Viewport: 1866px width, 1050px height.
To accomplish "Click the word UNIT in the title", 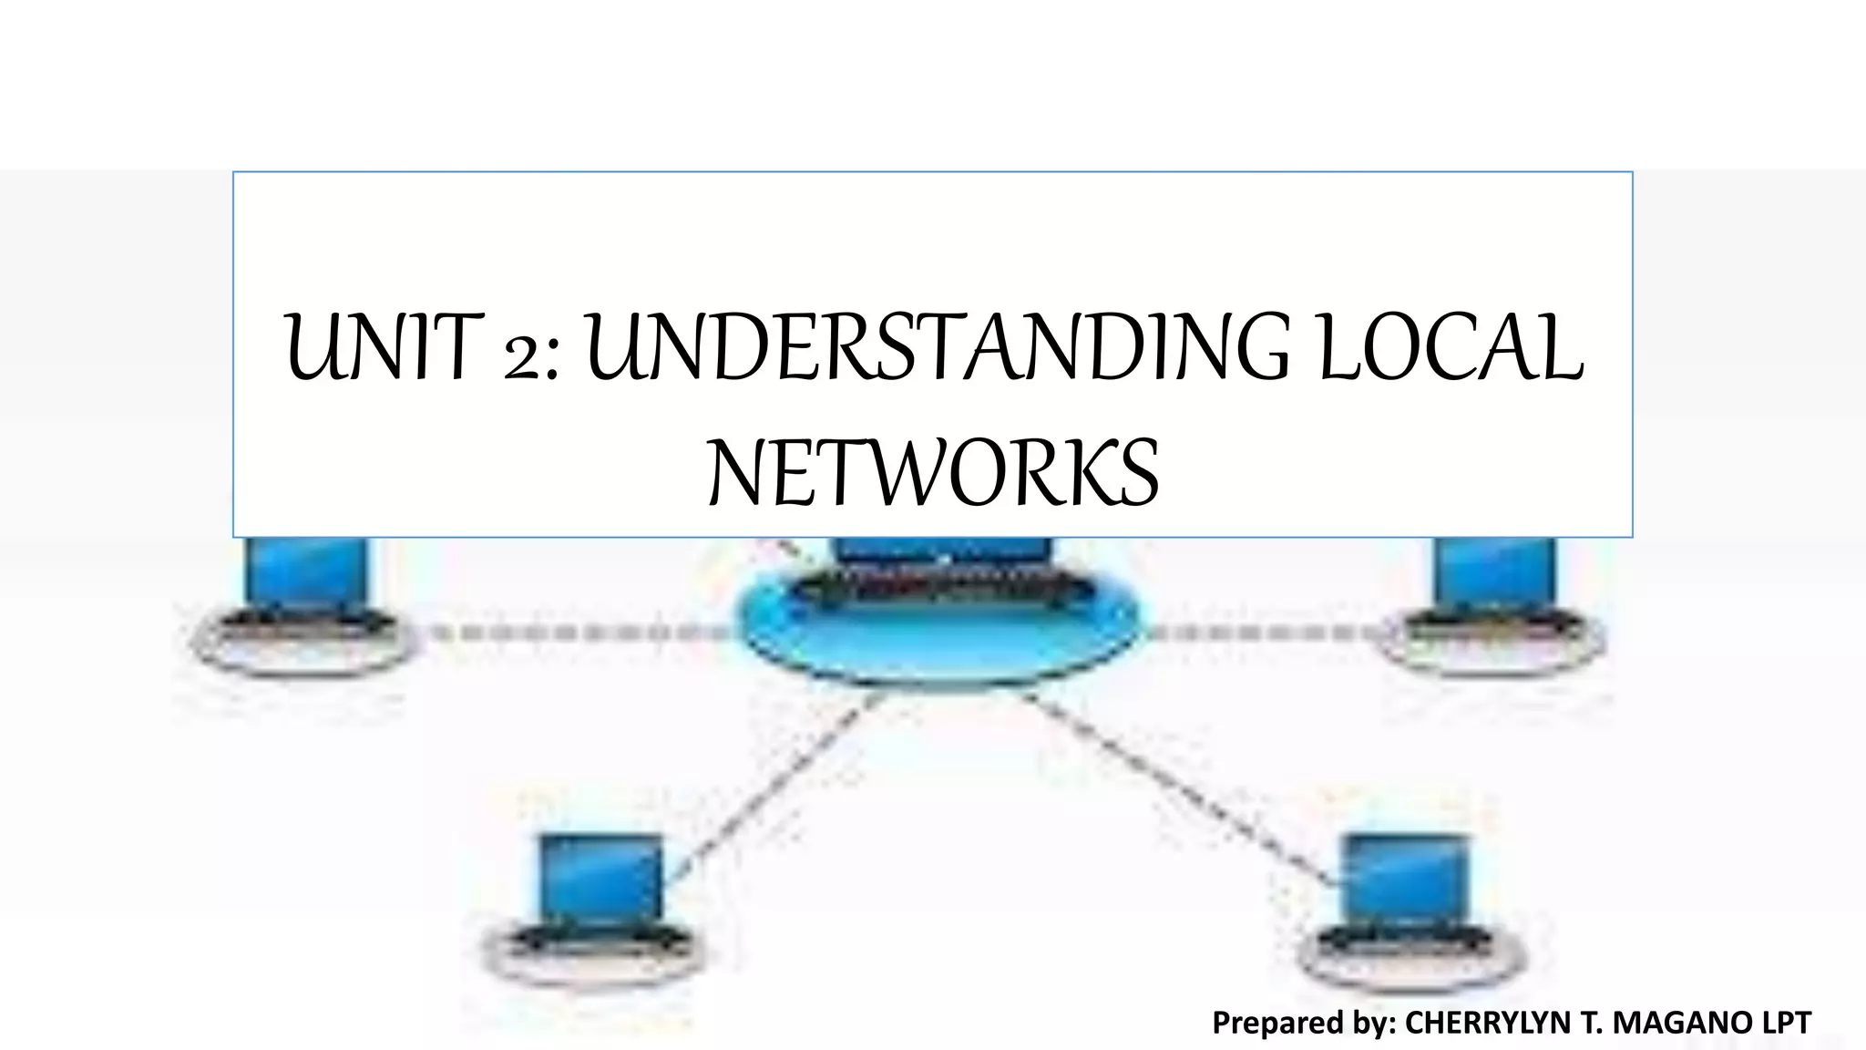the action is pos(382,348).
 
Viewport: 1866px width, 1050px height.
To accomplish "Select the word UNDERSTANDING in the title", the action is pos(938,348).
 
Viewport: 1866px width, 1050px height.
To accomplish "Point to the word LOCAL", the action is pos(1450,348).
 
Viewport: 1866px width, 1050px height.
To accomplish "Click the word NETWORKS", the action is pos(933,474).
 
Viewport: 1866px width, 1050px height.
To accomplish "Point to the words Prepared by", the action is pos(1304,1023).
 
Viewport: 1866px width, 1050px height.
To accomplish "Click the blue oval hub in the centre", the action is pos(938,638).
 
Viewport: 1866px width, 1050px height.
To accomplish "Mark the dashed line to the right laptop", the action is pos(1266,632).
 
